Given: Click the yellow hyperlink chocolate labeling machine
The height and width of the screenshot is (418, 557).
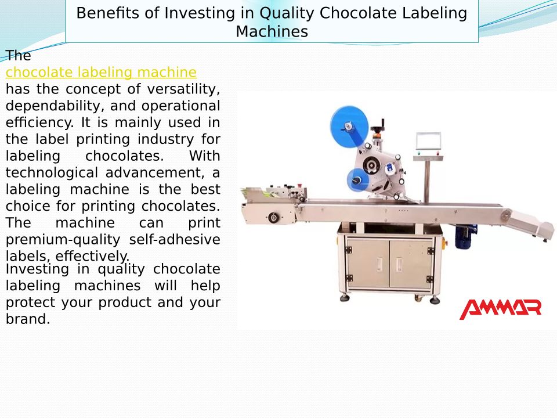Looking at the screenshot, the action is click(101, 73).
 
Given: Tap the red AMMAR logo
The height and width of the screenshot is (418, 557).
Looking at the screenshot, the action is click(500, 309).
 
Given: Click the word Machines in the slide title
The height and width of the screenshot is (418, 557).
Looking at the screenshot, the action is click(272, 31).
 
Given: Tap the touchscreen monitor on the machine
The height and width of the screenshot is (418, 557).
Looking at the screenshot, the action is click(428, 140).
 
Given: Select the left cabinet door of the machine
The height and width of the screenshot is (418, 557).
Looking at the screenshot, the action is click(368, 263).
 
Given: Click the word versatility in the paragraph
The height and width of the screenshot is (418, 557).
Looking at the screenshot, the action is click(184, 89).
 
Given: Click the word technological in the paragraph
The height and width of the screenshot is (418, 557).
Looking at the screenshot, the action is click(52, 173).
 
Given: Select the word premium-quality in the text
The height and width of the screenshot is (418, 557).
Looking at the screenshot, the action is click(63, 240).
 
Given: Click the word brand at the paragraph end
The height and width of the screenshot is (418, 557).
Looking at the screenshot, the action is click(28, 319).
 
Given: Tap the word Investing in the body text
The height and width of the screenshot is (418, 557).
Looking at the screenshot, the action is click(37, 269).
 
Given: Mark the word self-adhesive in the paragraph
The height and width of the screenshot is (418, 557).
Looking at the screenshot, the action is click(175, 240).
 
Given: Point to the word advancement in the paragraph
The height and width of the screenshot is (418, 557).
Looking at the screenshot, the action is click(155, 173).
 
